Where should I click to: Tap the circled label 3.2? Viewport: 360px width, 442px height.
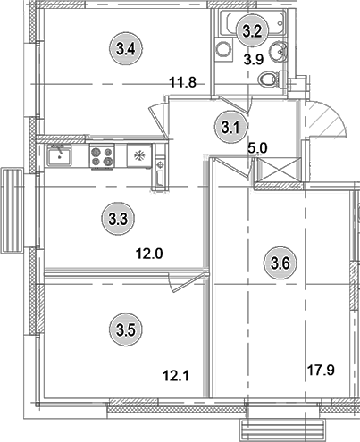pos(252,30)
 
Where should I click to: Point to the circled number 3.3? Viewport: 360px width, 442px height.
pos(116,217)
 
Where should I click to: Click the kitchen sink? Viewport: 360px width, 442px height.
pos(60,158)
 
